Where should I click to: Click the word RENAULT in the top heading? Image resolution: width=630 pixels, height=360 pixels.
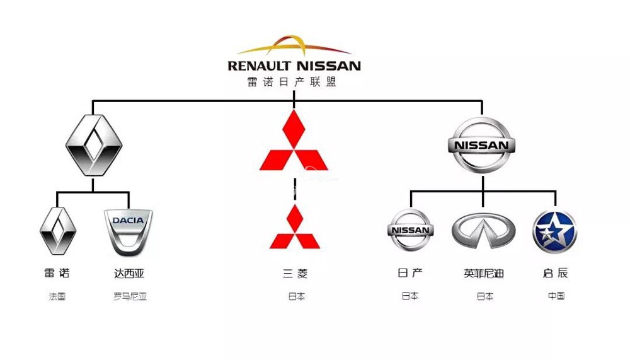tap(260, 66)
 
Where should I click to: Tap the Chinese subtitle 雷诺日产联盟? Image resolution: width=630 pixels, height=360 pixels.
tap(292, 82)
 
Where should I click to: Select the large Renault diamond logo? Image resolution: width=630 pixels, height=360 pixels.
tap(94, 145)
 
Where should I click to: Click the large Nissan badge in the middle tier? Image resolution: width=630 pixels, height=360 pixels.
tap(481, 145)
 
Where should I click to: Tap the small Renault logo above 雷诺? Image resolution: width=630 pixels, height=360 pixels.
tap(58, 230)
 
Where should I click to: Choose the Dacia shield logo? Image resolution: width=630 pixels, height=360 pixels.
tap(128, 231)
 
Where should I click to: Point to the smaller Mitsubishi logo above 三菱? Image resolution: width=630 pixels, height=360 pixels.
tap(294, 227)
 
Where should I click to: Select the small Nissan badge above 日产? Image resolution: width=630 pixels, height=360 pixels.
tap(411, 230)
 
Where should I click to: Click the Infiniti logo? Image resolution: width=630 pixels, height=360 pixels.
tap(483, 231)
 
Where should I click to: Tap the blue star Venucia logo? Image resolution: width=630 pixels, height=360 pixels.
tap(554, 231)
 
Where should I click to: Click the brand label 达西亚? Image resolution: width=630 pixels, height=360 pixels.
tap(129, 274)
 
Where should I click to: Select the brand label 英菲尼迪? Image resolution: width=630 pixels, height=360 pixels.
tap(484, 274)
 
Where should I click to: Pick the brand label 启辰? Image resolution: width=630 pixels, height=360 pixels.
tap(555, 274)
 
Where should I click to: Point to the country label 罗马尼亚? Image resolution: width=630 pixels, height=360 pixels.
tap(130, 296)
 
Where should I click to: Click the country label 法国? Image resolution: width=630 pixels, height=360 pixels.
tap(57, 296)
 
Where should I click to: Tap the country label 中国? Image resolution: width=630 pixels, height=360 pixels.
tap(556, 296)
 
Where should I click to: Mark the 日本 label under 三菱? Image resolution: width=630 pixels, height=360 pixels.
tap(296, 296)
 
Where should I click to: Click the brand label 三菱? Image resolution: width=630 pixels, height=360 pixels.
tap(295, 274)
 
